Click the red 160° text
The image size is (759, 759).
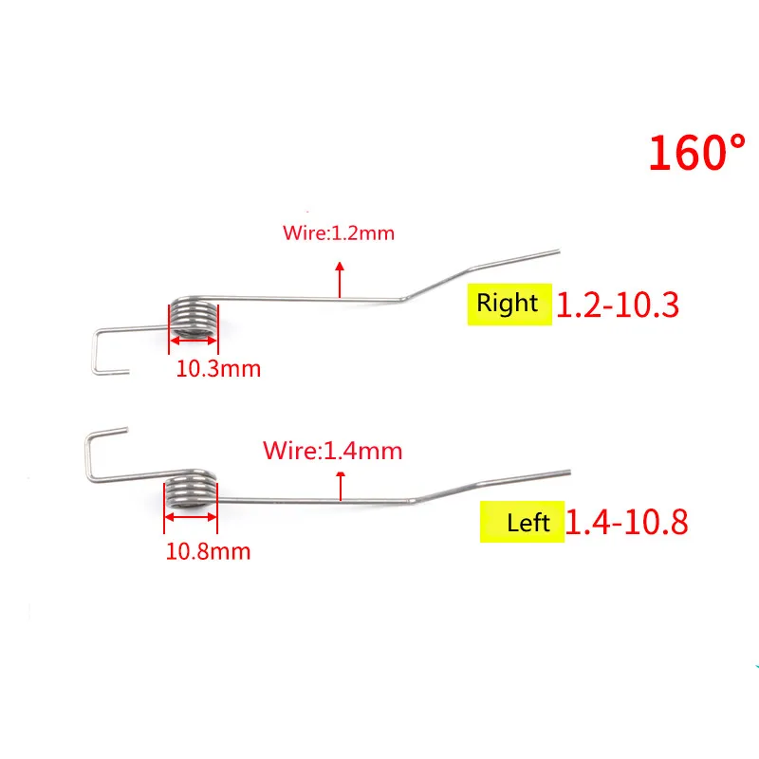697,153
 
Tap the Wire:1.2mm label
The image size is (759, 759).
338,232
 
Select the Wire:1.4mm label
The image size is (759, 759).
332,450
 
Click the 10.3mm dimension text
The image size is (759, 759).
218,368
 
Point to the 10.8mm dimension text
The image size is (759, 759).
208,550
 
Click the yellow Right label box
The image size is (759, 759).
509,304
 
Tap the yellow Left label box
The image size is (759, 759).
521,522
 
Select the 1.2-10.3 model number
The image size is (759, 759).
618,305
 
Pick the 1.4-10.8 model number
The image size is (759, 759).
627,522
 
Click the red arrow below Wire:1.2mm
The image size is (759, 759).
338,281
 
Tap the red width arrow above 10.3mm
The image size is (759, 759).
194,343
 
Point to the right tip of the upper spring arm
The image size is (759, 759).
557,251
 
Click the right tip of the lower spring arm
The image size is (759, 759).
568,472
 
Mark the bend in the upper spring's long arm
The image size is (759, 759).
405,300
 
